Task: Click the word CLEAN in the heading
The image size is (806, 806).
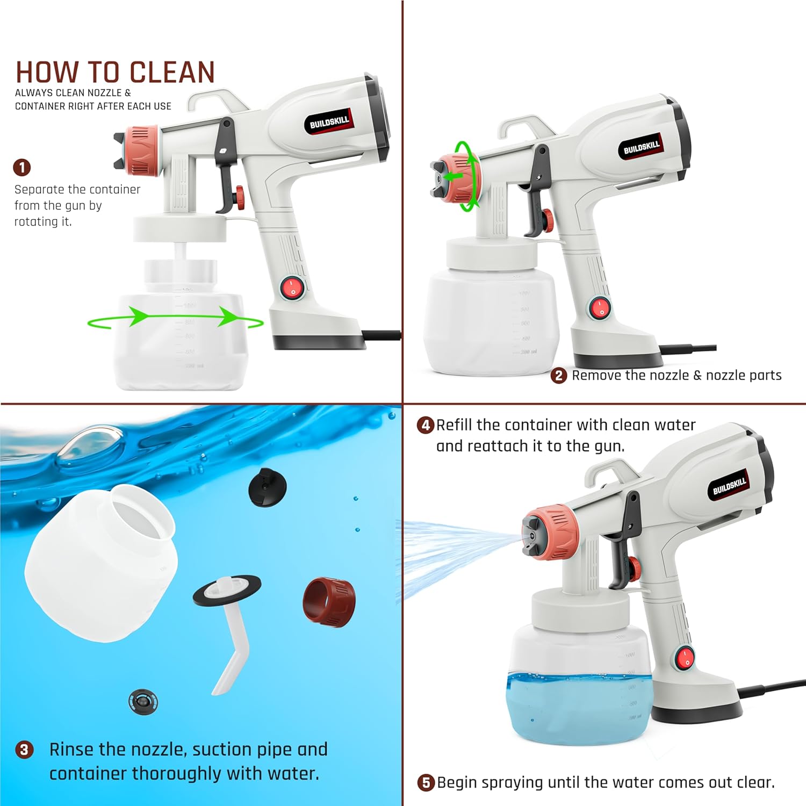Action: (x=172, y=73)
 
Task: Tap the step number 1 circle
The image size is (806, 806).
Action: (x=22, y=168)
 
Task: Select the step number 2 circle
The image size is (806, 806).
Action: (x=559, y=376)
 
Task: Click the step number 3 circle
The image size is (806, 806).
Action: (x=24, y=750)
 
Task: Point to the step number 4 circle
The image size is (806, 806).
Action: (x=426, y=426)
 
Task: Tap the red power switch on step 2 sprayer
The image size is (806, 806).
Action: (x=599, y=308)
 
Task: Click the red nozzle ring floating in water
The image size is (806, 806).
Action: (x=329, y=602)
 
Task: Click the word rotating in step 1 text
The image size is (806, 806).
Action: (x=42, y=222)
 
